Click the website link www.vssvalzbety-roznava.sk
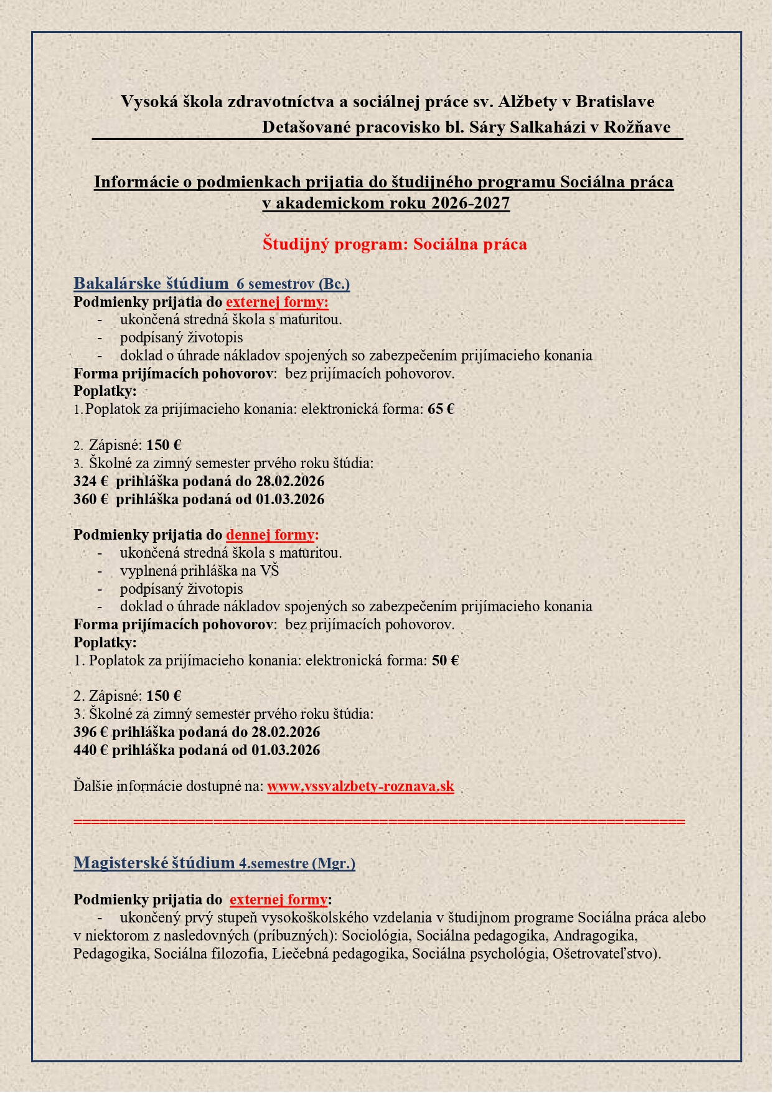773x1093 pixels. tap(360, 786)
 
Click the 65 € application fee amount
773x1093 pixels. tap(441, 410)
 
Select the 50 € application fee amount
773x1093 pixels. tap(445, 661)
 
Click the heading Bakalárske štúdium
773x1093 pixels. tap(151, 284)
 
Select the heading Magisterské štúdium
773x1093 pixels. tap(154, 863)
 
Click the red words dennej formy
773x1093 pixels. tap(272, 535)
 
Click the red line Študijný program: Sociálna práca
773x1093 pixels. tap(395, 244)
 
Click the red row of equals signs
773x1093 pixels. tap(379, 822)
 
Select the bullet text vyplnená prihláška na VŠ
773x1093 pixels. tap(199, 571)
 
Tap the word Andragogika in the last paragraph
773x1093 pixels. tap(594, 936)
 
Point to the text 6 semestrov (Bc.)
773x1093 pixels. tap(293, 284)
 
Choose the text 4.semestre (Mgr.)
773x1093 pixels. tap(297, 864)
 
